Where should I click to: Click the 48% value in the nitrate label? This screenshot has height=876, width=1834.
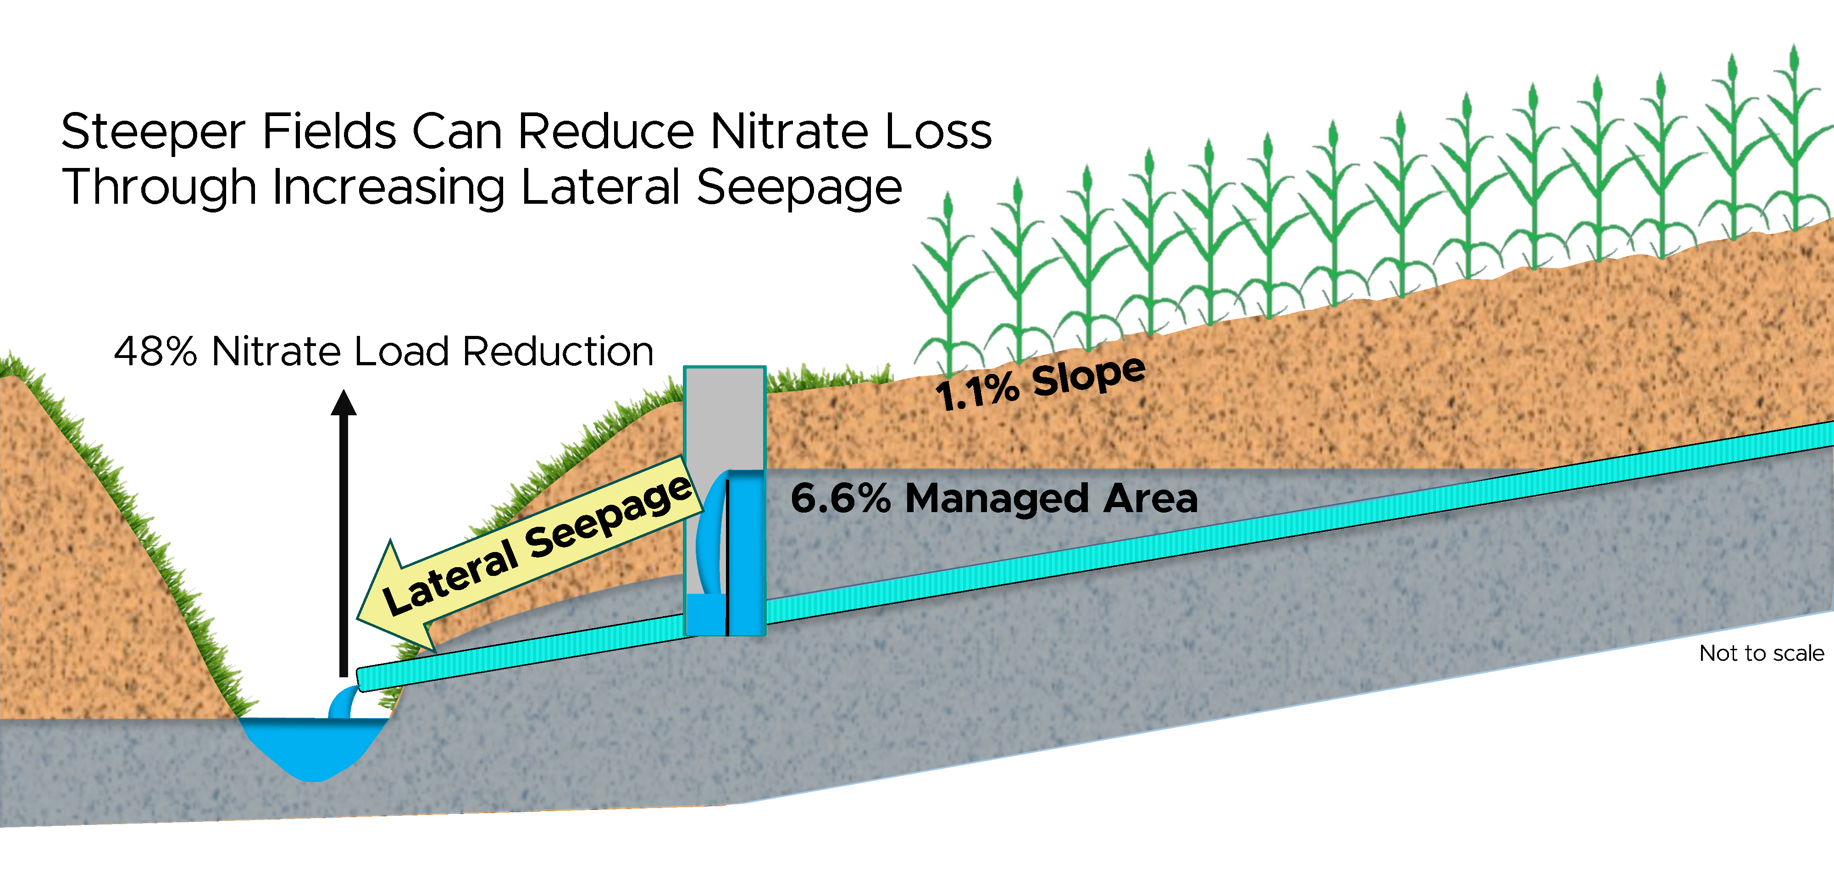(155, 352)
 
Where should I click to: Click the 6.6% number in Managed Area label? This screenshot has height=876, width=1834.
(840, 498)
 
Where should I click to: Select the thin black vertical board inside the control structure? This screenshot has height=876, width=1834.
(727, 556)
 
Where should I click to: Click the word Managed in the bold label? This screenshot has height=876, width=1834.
(997, 498)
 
